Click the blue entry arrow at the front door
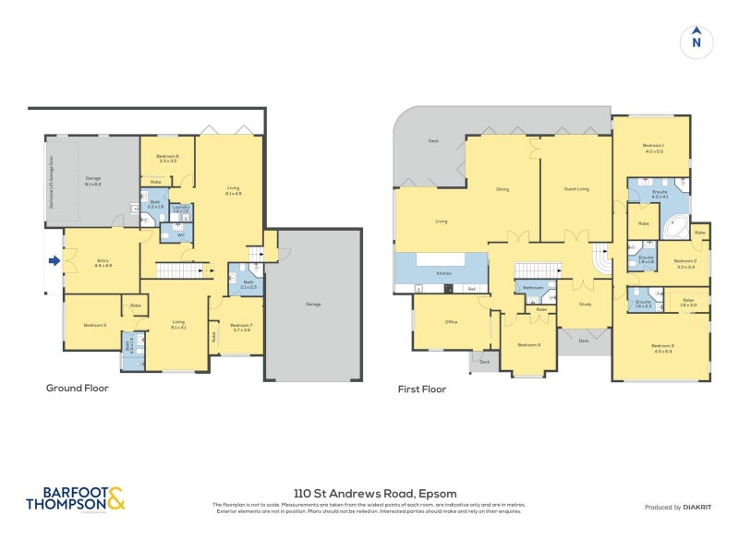coord(55,261)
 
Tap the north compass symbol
coord(697,42)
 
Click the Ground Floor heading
coord(78,389)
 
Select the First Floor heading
coord(422,389)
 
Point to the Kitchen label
coord(442,274)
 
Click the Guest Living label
coord(576,189)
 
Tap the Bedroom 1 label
coord(654,149)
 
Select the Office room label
coord(451,322)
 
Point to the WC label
coord(181,235)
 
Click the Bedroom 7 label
coord(241,326)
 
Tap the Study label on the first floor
coord(585,304)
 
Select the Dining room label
coord(503,189)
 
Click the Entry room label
coord(103,262)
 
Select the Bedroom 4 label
coord(528,344)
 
